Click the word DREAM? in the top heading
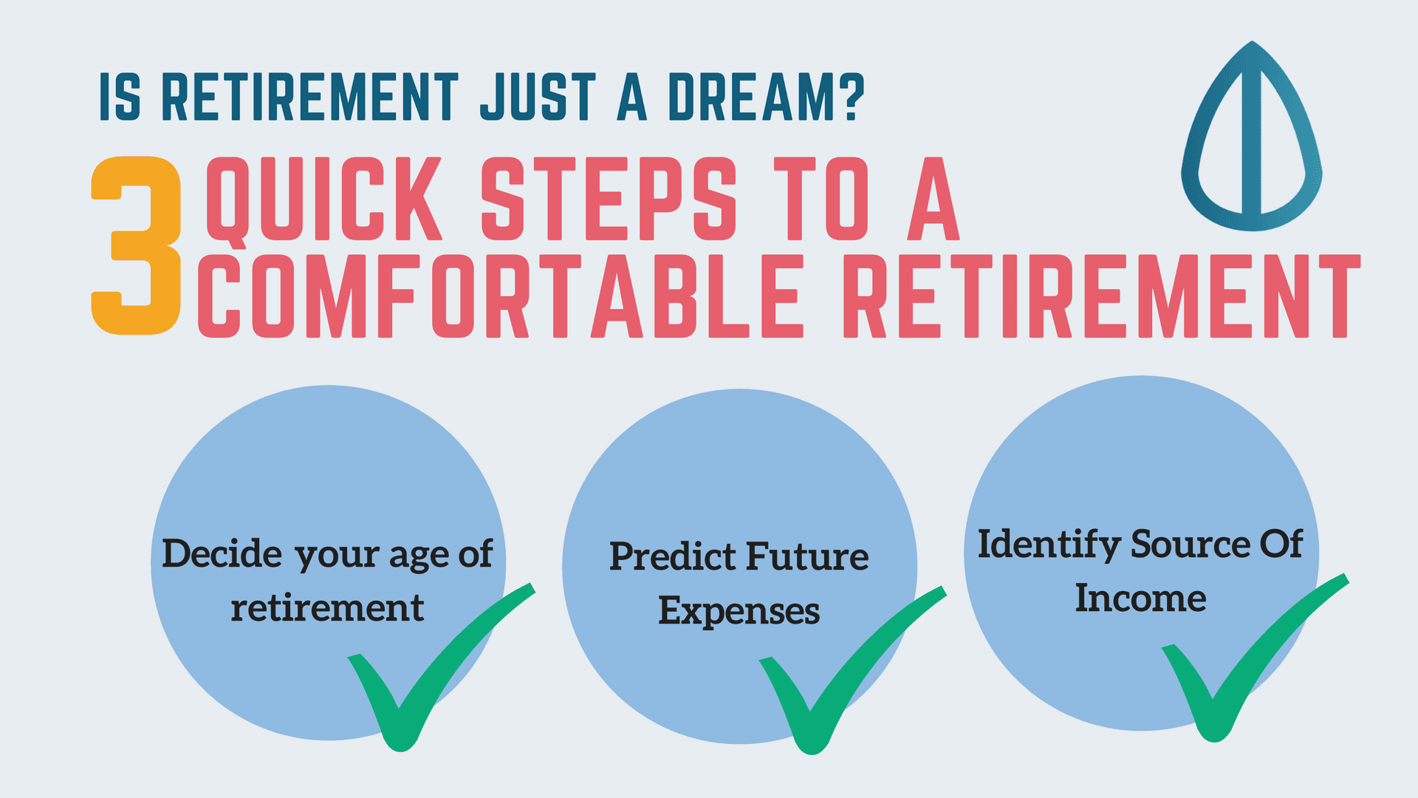click(766, 97)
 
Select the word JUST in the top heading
click(538, 97)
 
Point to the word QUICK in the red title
click(323, 199)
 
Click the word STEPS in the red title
click(609, 199)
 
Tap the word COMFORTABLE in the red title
click(500, 296)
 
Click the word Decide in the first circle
click(222, 553)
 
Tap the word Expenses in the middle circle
click(739, 613)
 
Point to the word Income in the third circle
click(1140, 598)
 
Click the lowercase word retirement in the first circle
click(327, 608)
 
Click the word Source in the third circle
click(1191, 545)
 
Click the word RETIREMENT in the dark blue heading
click(310, 97)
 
